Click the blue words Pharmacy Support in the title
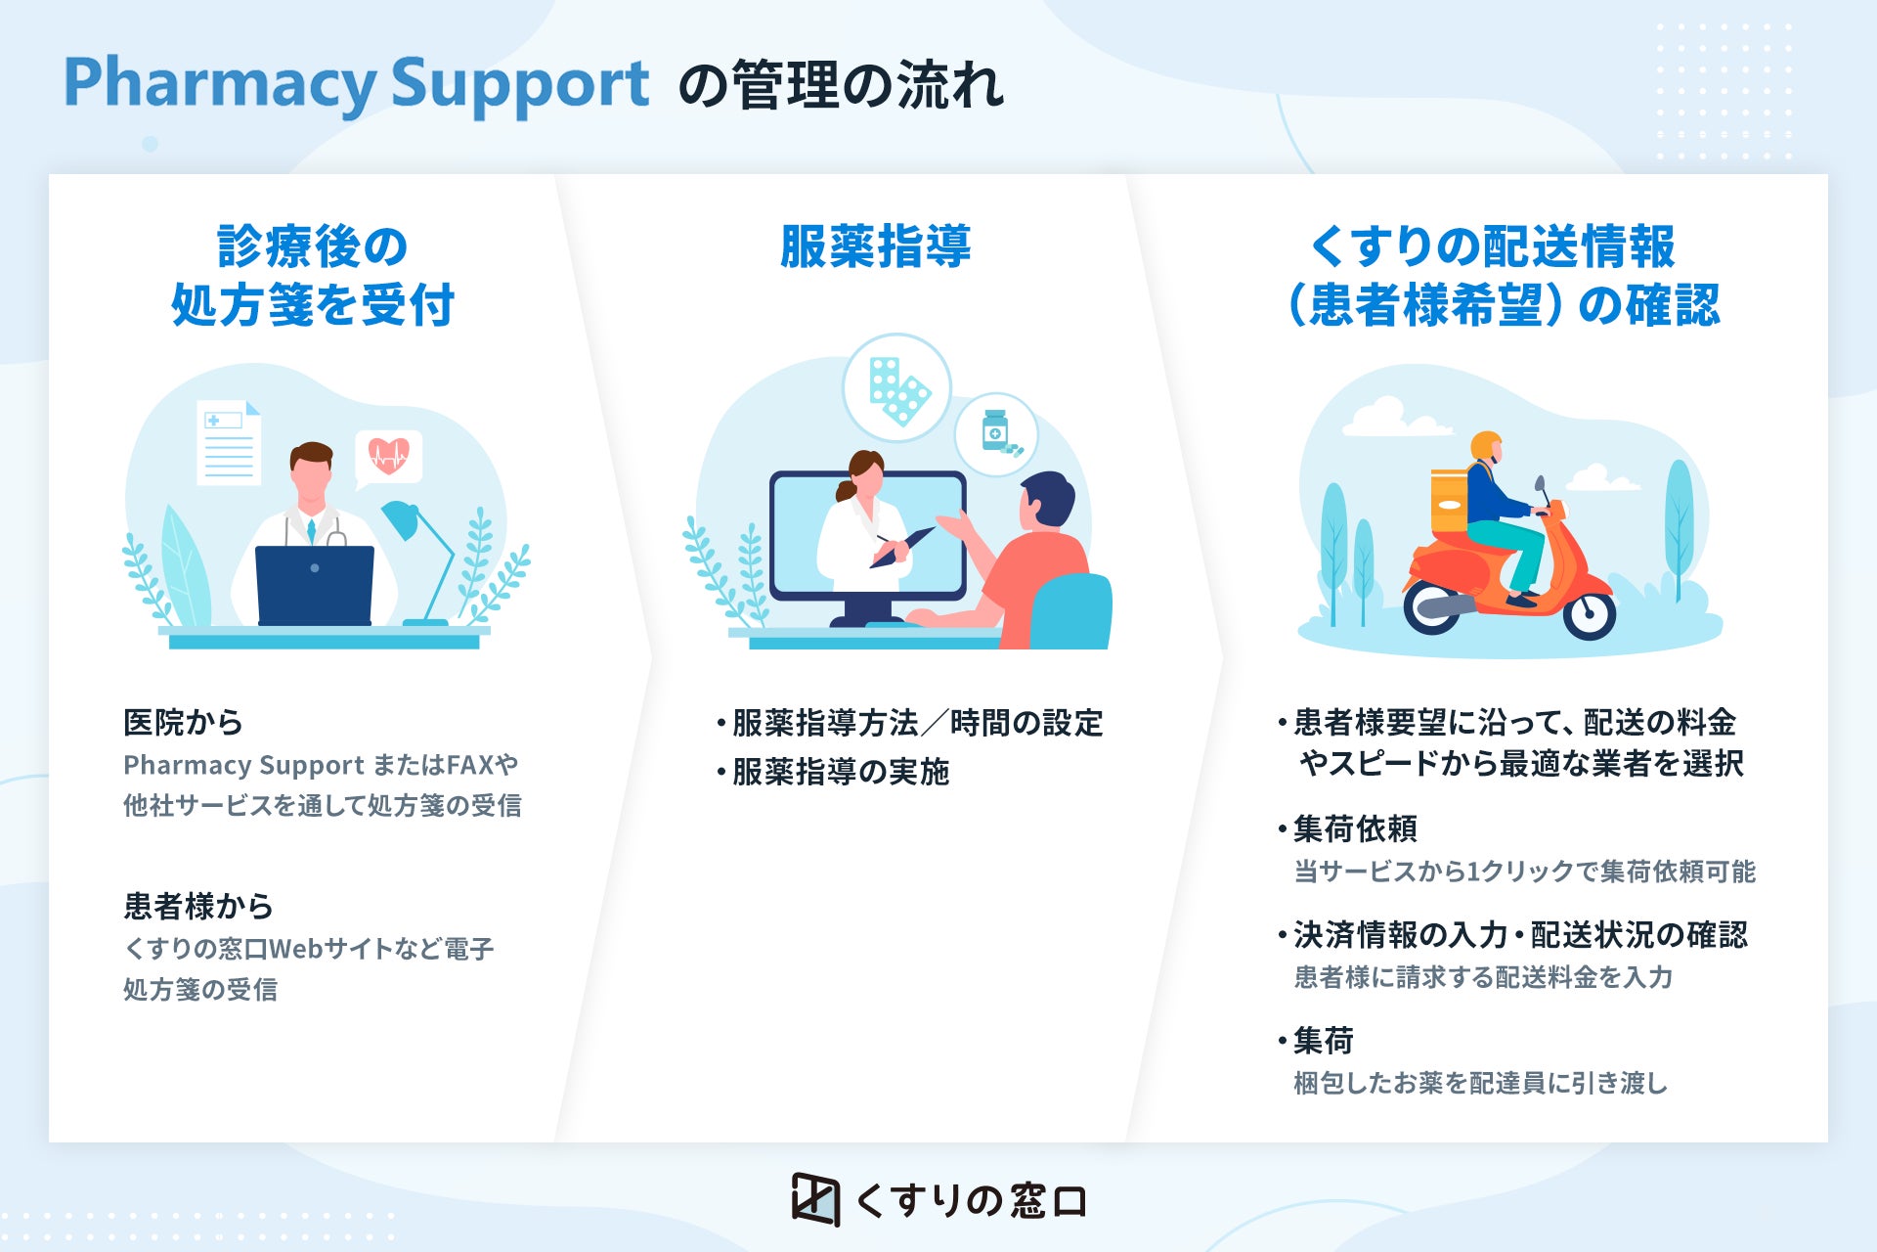[x=356, y=84]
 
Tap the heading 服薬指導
[x=875, y=246]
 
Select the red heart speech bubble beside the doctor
[x=389, y=456]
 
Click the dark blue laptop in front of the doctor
[x=314, y=585]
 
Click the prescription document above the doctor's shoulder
[x=229, y=442]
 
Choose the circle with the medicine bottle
[x=996, y=434]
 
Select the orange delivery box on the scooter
[x=1449, y=501]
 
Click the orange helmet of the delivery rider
[x=1486, y=446]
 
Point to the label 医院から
[x=183, y=723]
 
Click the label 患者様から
[x=197, y=906]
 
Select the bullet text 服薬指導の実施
[x=840, y=772]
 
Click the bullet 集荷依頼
[x=1354, y=829]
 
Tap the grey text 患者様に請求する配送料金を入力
[x=1483, y=977]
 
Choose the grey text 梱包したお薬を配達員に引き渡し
[x=1480, y=1083]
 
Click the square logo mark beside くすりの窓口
[x=815, y=1198]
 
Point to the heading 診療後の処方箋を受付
[x=313, y=276]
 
